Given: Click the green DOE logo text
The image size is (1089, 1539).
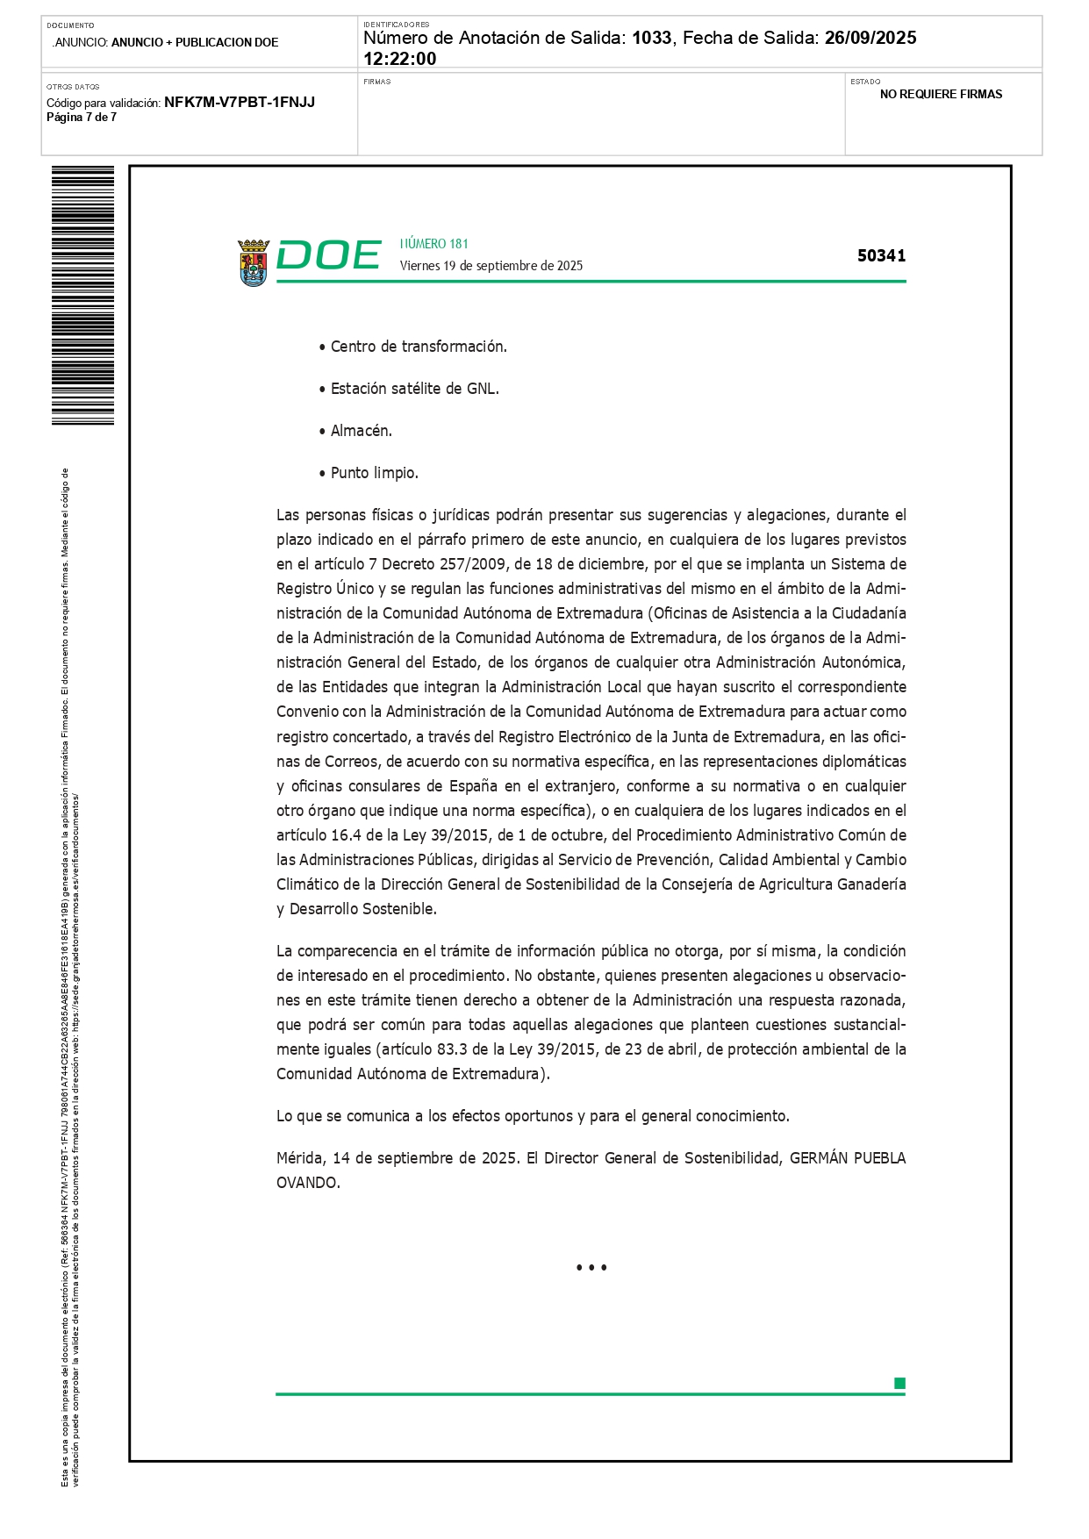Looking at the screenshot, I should tap(328, 255).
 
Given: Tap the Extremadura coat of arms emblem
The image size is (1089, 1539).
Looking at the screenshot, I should tap(254, 262).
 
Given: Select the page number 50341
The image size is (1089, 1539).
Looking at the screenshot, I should tap(881, 255).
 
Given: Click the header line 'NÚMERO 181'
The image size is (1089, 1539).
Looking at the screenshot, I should tap(433, 244).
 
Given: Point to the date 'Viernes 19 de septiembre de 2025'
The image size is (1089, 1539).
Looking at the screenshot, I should tap(491, 266).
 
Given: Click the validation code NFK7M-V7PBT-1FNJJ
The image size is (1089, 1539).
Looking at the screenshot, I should tap(240, 102).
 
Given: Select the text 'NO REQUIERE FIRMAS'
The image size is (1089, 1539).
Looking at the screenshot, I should tap(941, 94).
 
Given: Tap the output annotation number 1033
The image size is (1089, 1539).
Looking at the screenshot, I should tap(651, 38).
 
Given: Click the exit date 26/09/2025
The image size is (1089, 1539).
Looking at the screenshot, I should tap(870, 38).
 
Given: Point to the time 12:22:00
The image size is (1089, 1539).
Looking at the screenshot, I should tap(399, 59).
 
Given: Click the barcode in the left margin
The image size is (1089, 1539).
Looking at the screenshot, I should tap(82, 295).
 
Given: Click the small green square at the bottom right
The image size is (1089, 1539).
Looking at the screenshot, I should tap(899, 1384).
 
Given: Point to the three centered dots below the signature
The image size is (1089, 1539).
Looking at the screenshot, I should tap(591, 1268).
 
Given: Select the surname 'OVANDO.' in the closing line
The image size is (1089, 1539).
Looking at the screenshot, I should tap(308, 1183).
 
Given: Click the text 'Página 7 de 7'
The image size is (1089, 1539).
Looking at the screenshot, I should tap(82, 118).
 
